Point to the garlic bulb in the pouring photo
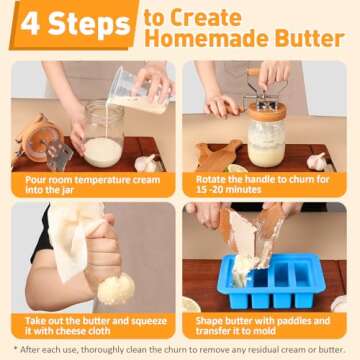point(147,163)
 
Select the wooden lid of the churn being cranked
point(267,113)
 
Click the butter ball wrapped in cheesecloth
point(115,288)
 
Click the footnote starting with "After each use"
point(180,349)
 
